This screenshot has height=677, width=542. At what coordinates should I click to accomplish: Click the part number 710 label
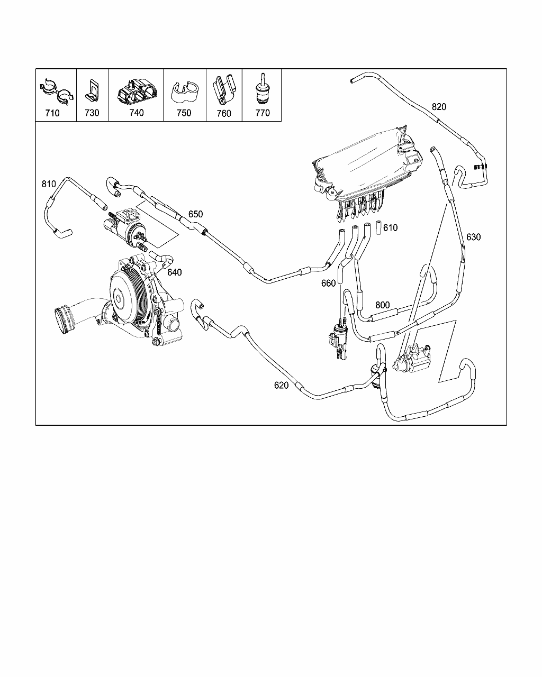coord(52,113)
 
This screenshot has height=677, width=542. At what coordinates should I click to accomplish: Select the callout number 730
coord(92,113)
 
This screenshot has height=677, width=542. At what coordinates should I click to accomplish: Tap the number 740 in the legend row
coord(137,113)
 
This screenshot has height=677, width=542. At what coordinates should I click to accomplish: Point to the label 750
coord(184,113)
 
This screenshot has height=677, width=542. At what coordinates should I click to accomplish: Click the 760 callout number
coord(224,113)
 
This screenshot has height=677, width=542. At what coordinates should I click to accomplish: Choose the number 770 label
coord(263,113)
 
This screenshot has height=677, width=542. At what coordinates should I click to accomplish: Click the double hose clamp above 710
coord(57,90)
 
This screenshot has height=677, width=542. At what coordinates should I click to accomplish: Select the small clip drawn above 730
coord(92,90)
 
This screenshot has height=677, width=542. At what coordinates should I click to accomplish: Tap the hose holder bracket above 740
coord(137,91)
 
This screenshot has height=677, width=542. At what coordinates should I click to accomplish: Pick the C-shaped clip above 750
coord(185,92)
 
